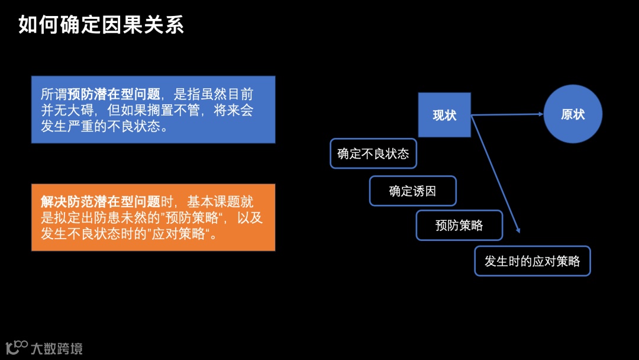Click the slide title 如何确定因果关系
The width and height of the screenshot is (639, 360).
(101, 25)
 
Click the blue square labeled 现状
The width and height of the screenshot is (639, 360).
(444, 115)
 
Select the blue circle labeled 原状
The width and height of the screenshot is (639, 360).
(573, 114)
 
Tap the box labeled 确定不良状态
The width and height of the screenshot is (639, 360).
(373, 154)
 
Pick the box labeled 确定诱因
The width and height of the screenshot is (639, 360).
(412, 191)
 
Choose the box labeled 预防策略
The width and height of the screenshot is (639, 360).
(459, 225)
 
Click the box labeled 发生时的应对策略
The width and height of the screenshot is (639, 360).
(532, 261)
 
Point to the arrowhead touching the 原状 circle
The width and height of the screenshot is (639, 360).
(539, 114)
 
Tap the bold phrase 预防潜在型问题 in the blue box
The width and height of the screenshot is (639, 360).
(114, 94)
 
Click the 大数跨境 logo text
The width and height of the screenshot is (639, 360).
(57, 348)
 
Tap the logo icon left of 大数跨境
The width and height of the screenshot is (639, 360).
(17, 346)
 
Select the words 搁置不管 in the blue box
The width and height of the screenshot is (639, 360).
(172, 111)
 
